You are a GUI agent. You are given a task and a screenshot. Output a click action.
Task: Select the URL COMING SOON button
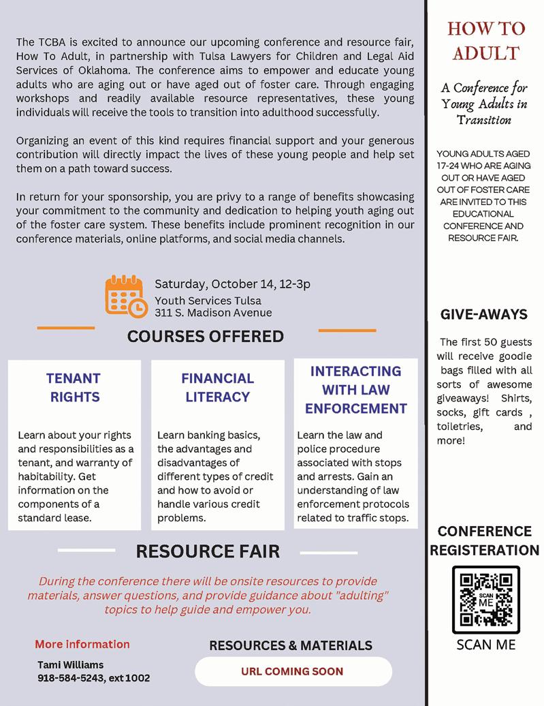coord(293,671)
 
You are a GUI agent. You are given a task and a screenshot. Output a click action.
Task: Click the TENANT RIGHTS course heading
coord(74,387)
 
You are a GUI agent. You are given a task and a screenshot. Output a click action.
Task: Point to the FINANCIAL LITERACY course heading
coord(217,387)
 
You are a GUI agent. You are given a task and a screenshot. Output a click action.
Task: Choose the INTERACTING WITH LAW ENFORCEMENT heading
coord(355,390)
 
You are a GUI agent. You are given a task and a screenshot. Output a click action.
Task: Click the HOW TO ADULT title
coord(486,40)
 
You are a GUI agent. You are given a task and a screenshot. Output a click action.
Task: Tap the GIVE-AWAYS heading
coord(484,314)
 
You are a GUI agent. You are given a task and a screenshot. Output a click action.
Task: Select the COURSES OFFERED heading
coord(206,336)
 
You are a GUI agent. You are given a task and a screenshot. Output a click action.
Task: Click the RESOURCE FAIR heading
coord(208,551)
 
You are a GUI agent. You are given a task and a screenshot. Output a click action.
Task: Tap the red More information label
coord(82,644)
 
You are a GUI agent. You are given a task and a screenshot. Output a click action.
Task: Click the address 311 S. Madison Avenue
coord(213,313)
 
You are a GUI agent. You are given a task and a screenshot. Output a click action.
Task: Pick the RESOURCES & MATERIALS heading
coord(291,645)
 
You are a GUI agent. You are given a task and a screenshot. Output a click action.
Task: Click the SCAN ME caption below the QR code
coord(485,645)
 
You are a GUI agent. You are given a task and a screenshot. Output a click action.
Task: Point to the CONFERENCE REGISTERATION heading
coord(485,540)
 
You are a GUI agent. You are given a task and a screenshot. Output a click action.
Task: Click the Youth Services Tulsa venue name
coord(208,301)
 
